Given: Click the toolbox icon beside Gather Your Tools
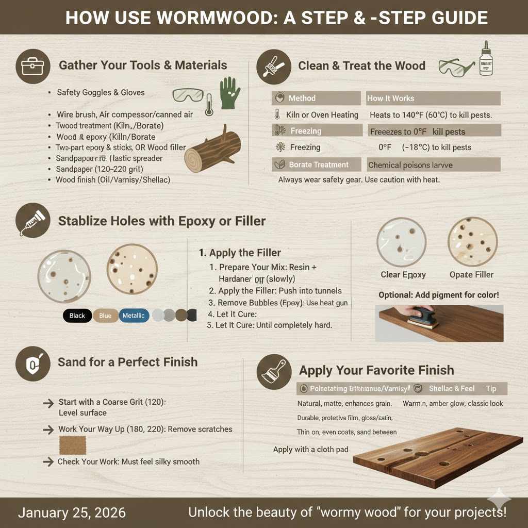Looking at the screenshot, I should pos(32,66).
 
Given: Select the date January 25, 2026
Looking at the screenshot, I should pos(72,513).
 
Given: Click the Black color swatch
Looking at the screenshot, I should pos(77,316).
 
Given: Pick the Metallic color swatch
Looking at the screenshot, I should pos(134,316).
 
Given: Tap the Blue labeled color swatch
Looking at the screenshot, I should pos(105,316).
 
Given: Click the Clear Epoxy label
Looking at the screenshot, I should pos(403,274).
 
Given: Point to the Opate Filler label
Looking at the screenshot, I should pos(471,274).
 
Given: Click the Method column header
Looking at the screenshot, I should pos(302,98).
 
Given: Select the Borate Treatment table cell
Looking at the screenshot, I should pos(318,165).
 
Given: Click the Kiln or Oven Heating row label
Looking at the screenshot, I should pos(322,114).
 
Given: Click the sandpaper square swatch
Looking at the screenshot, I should pos(73,445).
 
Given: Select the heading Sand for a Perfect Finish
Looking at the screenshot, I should pos(127,361).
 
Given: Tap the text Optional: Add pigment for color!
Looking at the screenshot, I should pos(439,295).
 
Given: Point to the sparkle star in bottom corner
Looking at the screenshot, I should pos(499,499).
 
